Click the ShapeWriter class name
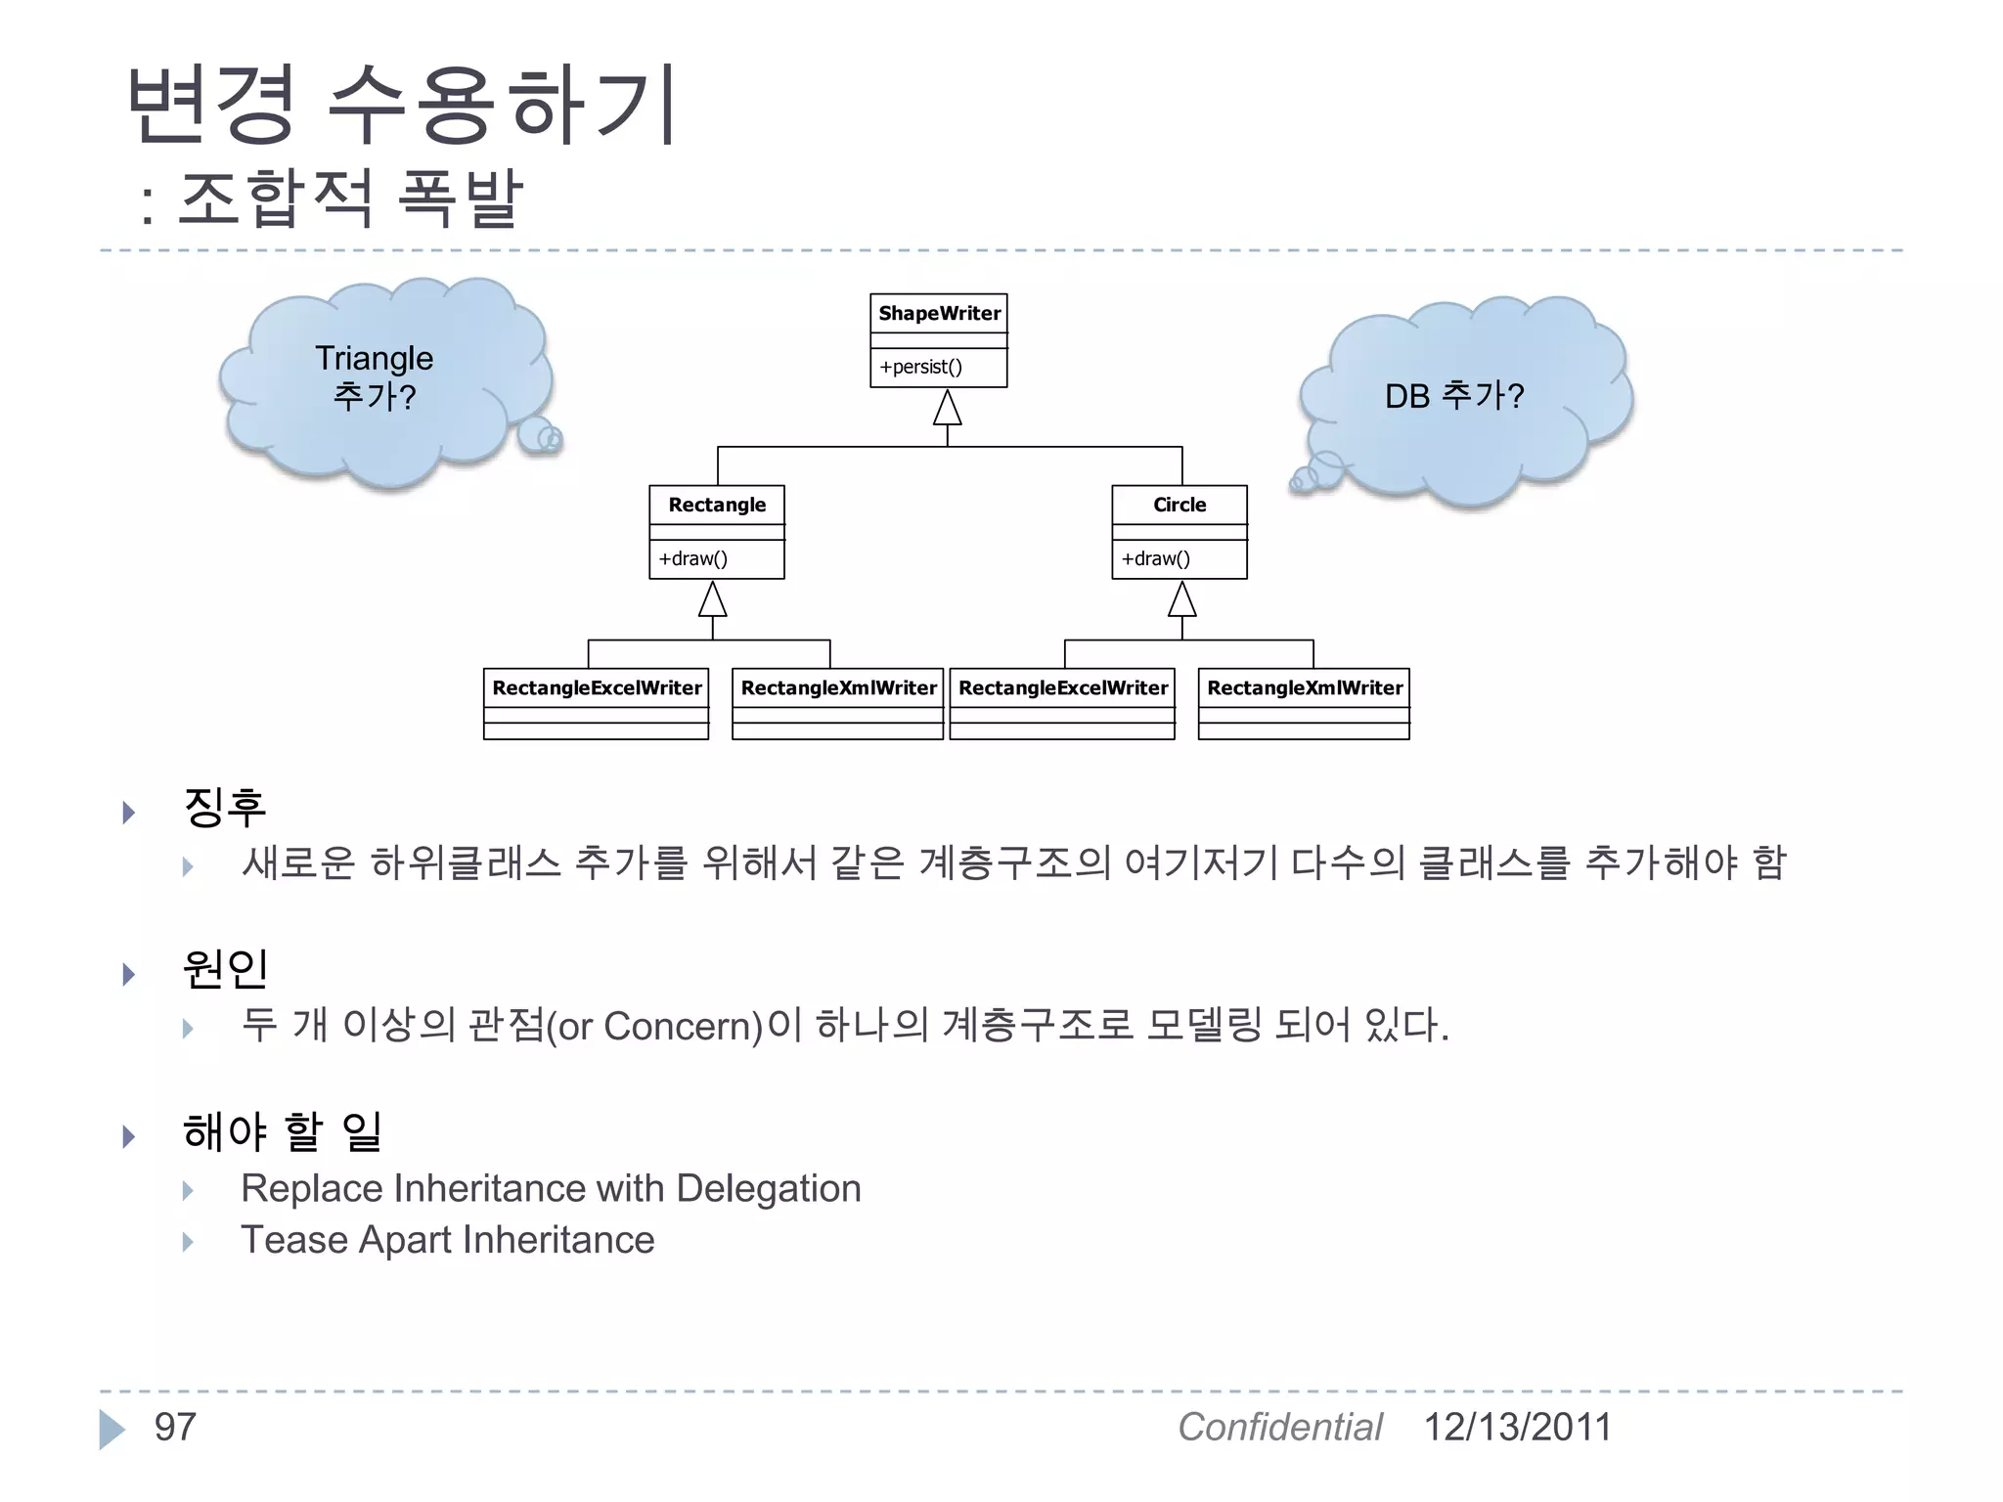(x=939, y=314)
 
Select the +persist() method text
(x=920, y=368)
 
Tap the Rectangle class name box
(x=717, y=506)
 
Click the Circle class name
(x=1180, y=506)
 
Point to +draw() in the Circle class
(x=1155, y=559)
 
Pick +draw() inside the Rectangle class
(x=692, y=559)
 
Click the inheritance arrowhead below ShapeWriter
(x=947, y=408)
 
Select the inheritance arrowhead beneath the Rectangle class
(x=713, y=599)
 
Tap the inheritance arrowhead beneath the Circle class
(x=1182, y=599)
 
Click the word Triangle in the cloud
(x=374, y=359)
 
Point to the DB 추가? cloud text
(x=1454, y=396)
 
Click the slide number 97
(x=175, y=1428)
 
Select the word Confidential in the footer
(x=1279, y=1428)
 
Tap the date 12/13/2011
(x=1517, y=1428)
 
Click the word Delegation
(x=769, y=1189)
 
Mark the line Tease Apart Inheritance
(x=447, y=1240)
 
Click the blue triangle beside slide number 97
(x=111, y=1430)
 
